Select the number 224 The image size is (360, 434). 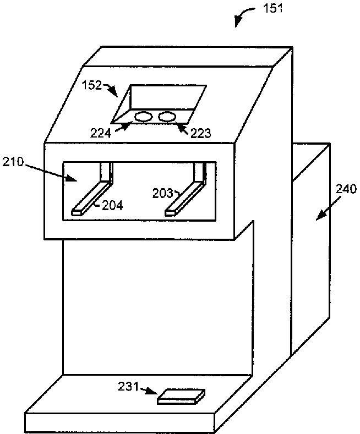[101, 133]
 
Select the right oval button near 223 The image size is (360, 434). [167, 117]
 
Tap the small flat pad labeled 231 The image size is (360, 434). [181, 397]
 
